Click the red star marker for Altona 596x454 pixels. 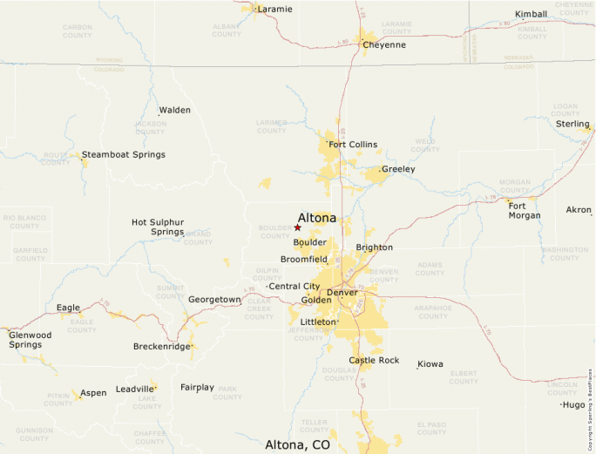pyautogui.click(x=297, y=227)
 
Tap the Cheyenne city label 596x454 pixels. pyautogui.click(x=384, y=44)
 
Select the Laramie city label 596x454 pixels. pyautogui.click(x=274, y=9)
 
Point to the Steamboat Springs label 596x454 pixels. pyautogui.click(x=123, y=154)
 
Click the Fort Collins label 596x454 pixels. pyautogui.click(x=353, y=144)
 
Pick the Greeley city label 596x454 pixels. pyautogui.click(x=398, y=169)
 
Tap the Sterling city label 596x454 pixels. pyautogui.click(x=572, y=124)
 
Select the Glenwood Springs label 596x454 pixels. pyautogui.click(x=30, y=339)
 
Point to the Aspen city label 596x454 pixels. pyautogui.click(x=93, y=393)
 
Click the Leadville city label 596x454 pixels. pyautogui.click(x=134, y=389)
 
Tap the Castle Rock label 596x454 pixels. pyautogui.click(x=374, y=360)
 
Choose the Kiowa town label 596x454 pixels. pyautogui.click(x=430, y=363)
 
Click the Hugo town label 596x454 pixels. pyautogui.click(x=574, y=404)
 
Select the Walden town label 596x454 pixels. pyautogui.click(x=174, y=110)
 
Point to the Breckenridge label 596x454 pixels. pyautogui.click(x=161, y=346)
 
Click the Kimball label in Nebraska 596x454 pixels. pyautogui.click(x=531, y=14)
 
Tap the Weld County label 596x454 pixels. pyautogui.click(x=425, y=144)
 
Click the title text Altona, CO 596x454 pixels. pyautogui.click(x=297, y=444)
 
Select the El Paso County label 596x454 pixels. pyautogui.click(x=430, y=428)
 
